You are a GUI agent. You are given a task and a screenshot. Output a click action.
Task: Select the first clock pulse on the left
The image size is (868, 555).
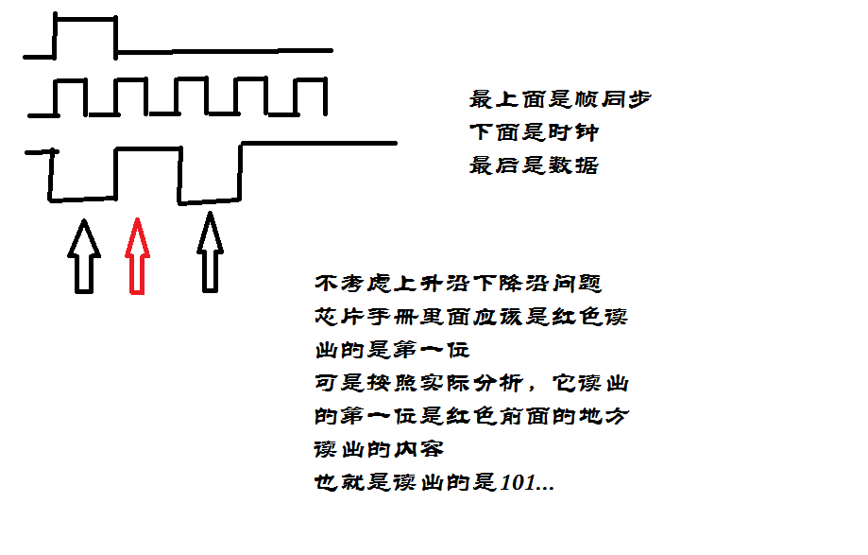pos(69,85)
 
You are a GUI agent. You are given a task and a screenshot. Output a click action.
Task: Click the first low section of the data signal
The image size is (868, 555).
pos(83,199)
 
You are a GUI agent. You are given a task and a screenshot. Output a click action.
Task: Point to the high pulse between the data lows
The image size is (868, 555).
pos(146,149)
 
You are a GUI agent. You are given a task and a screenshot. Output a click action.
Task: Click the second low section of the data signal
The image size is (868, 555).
pos(208,200)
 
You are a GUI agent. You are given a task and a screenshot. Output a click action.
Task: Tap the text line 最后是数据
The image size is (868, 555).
pos(534,165)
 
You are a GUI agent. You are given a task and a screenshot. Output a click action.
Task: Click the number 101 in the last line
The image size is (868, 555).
pos(519,483)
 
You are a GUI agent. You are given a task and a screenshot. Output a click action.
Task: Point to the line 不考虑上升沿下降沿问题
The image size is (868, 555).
pos(458,283)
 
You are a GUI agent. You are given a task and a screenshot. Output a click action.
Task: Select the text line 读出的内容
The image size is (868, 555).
pos(378,449)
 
